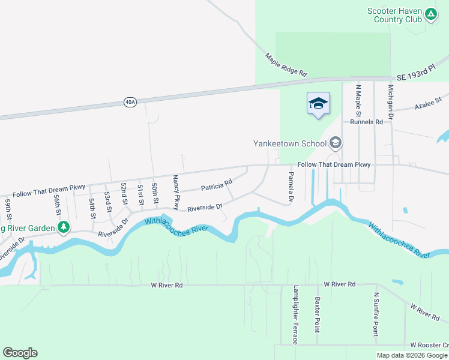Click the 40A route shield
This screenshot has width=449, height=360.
coord(130,102)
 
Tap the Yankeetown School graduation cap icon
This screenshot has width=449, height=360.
coord(335,143)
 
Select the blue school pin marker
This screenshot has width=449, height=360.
coord(318,104)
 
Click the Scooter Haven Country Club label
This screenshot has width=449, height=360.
coord(394,15)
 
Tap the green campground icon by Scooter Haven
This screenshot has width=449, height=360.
coord(430,14)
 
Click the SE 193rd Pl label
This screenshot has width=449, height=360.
coord(420,74)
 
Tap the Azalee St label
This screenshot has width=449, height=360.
coord(428,102)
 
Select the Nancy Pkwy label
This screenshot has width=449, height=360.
coord(176,192)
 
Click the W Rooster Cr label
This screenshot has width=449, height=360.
coord(429,345)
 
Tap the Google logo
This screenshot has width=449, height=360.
coord(20,353)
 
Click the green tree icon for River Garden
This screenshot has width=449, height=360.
coord(63,227)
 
